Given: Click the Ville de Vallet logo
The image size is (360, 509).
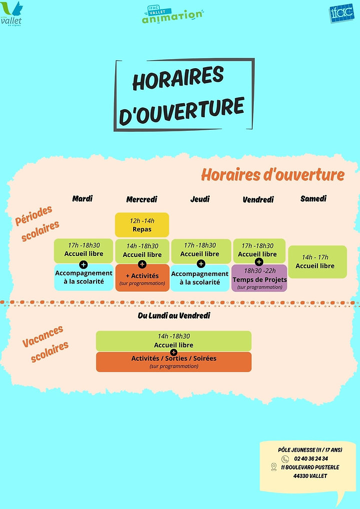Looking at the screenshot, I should point(12,14).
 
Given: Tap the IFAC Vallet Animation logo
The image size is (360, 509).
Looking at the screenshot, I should point(172,14).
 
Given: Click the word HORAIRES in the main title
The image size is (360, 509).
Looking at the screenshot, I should point(178,79).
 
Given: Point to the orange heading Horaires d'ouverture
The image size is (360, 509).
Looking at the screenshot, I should point(272,175).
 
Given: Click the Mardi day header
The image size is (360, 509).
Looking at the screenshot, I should point(83,198).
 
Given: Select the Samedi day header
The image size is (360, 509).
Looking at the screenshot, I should point(313,198).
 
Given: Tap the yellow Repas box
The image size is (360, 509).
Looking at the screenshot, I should point(142,224).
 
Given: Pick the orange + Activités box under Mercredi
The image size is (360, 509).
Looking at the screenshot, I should point(142,278).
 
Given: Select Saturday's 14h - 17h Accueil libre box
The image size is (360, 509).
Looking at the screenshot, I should point(317,262).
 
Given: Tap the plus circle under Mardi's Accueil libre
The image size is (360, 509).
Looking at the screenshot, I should point(83,264).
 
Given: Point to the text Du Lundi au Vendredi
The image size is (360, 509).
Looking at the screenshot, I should point(174,316).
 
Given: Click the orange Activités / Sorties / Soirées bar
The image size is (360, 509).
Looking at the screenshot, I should point(174,361).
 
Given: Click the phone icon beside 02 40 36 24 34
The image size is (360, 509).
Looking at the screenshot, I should point(285,458).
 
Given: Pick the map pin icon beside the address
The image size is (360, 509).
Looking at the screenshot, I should point(273,467).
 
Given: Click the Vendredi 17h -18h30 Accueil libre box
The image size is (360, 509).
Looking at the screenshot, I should point(259,249).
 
